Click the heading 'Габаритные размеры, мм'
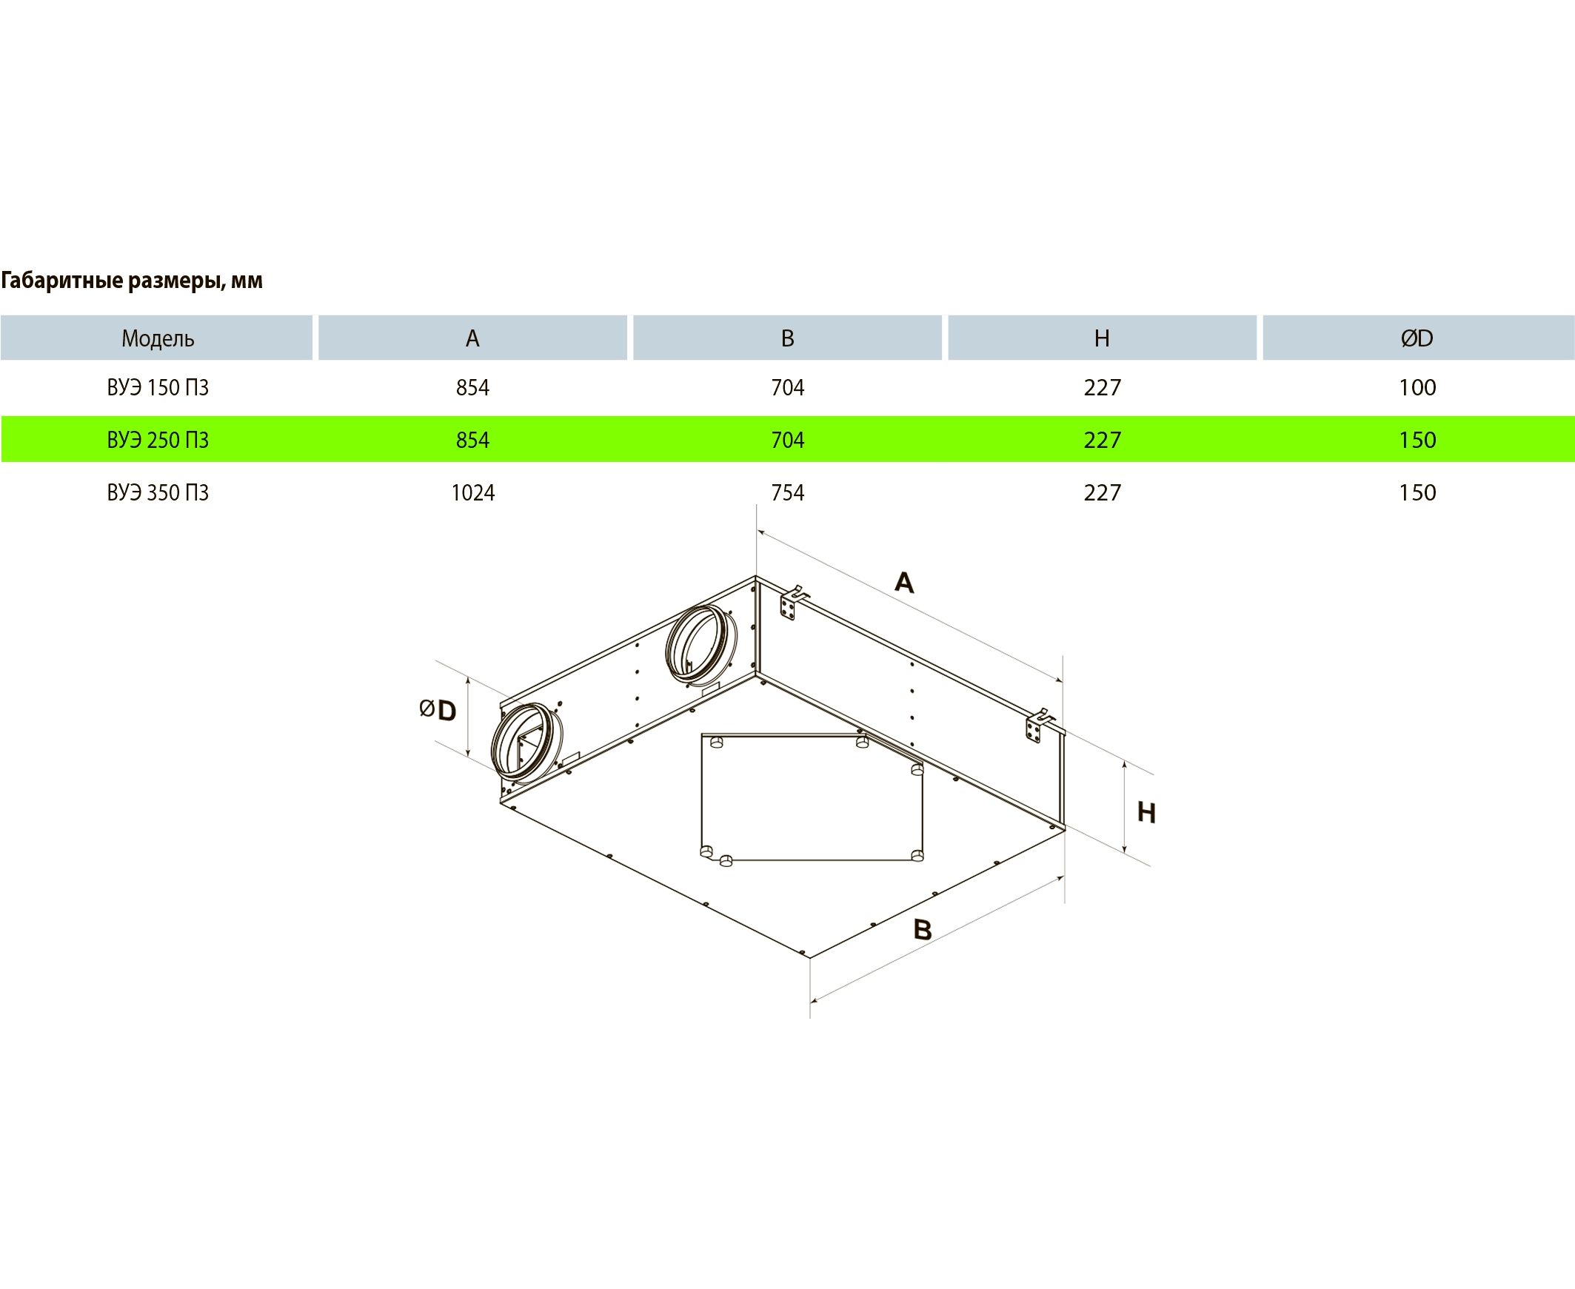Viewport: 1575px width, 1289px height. click(x=132, y=281)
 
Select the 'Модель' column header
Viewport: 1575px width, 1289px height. click(x=158, y=338)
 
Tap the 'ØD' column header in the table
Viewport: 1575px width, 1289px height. click(x=1417, y=338)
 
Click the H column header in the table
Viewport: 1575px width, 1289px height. click(x=1102, y=338)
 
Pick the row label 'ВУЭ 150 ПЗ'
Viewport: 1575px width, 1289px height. click(x=158, y=388)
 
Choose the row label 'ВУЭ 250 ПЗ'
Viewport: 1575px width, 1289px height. click(x=158, y=441)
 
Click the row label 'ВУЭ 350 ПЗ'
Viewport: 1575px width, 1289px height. click(x=158, y=493)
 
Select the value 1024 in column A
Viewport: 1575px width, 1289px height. click(x=473, y=493)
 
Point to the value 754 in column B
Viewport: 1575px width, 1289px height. click(x=788, y=493)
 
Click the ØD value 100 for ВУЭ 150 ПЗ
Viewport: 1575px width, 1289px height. click(x=1417, y=388)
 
